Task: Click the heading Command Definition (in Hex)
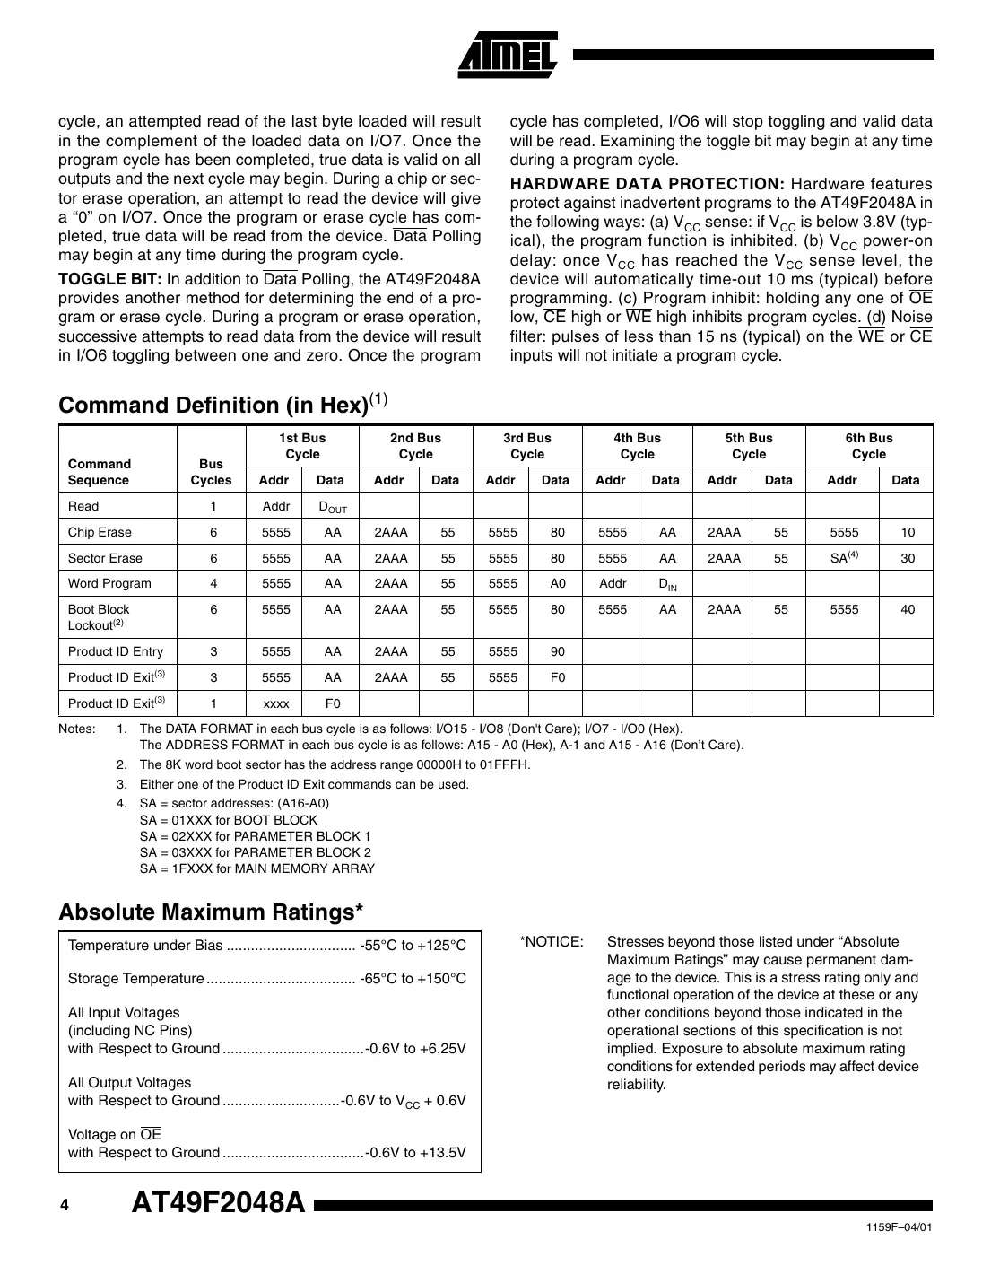(x=213, y=405)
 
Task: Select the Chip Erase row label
(x=100, y=532)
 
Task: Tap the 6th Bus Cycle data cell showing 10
(x=908, y=532)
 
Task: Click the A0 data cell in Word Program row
(x=557, y=583)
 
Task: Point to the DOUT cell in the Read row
(x=332, y=507)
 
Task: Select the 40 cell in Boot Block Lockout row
(x=908, y=609)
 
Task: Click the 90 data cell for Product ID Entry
(x=557, y=651)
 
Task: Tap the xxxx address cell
(x=276, y=703)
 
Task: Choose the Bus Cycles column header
(x=211, y=472)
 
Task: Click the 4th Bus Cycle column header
(x=637, y=446)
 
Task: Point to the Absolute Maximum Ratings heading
(x=211, y=912)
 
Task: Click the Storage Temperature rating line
(x=267, y=978)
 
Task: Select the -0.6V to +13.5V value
(x=416, y=1152)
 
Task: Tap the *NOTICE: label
(x=551, y=942)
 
